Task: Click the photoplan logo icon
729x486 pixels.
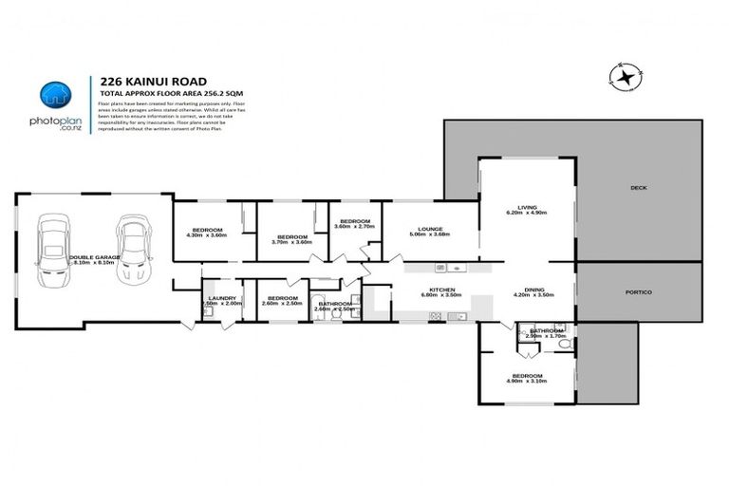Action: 55,94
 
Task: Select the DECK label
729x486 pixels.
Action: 638,188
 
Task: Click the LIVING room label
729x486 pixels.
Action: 528,207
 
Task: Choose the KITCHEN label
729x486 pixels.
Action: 442,290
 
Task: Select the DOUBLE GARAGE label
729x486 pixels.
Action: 93,256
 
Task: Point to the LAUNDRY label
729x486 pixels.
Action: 220,298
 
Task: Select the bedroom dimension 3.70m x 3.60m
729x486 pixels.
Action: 291,243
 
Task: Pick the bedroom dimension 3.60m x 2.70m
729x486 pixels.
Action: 355,227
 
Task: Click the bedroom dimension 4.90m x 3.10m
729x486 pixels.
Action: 527,380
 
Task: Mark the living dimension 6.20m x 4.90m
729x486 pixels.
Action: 528,214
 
